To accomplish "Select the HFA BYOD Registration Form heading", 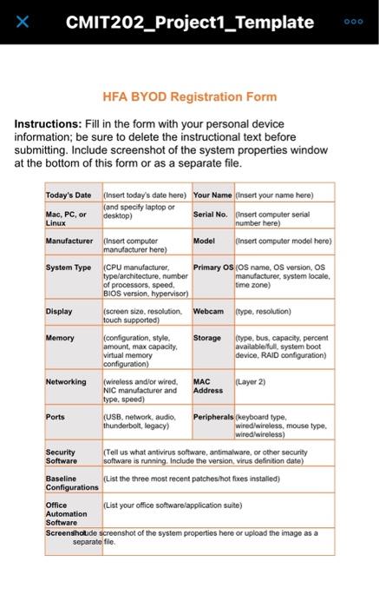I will (x=190, y=96).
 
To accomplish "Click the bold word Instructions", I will (x=48, y=124).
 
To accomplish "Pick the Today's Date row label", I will (x=69, y=195).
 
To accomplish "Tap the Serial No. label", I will (x=210, y=214).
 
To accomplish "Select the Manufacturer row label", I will (x=69, y=240).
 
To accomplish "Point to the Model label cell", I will (x=205, y=240).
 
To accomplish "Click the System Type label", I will (x=69, y=268).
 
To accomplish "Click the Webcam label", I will (x=209, y=311).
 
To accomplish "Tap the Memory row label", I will (x=60, y=337).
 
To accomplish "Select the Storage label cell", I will (x=208, y=337).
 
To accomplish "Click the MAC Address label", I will (x=208, y=386).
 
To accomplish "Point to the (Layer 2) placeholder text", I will (x=252, y=381).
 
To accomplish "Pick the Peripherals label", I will (x=213, y=417).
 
